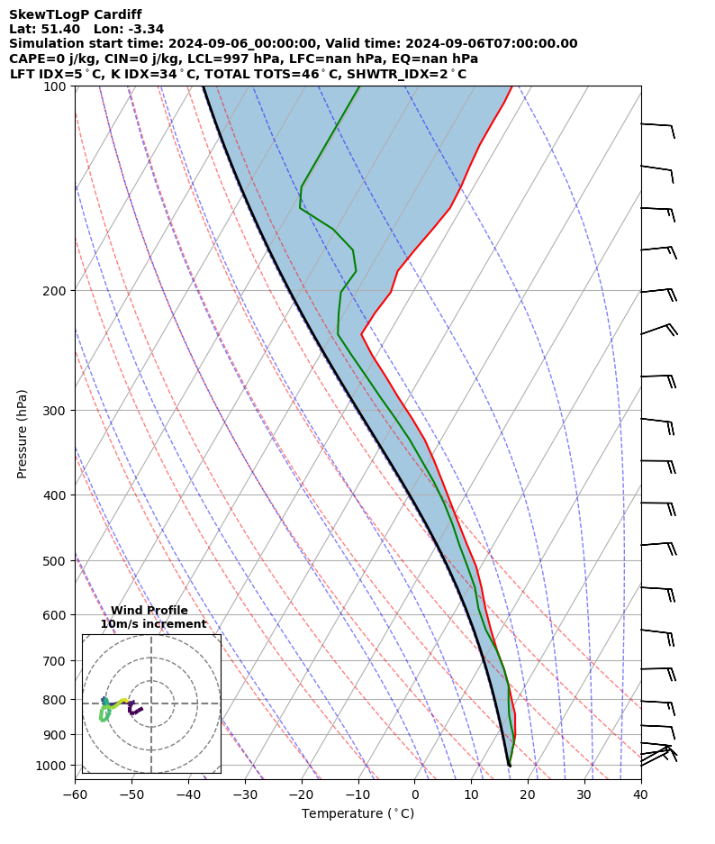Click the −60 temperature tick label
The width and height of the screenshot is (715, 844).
click(x=75, y=794)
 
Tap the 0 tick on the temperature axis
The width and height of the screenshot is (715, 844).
click(x=415, y=794)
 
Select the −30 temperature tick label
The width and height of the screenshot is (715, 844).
click(x=245, y=794)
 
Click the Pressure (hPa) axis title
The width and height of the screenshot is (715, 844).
click(x=23, y=433)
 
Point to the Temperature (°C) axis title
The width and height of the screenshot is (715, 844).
click(x=357, y=814)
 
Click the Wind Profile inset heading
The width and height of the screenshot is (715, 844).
click(x=149, y=611)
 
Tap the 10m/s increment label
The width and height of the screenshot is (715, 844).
click(x=153, y=624)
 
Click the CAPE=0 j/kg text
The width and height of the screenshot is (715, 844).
click(x=50, y=59)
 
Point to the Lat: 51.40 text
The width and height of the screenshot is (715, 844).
click(x=44, y=29)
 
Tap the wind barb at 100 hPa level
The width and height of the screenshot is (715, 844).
click(x=657, y=125)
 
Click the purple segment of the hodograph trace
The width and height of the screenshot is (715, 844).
click(x=136, y=710)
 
